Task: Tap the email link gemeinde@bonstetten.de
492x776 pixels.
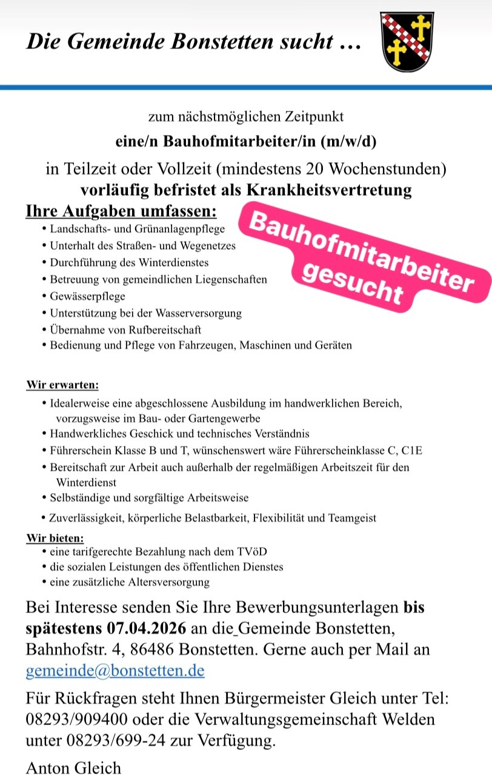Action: tap(115, 671)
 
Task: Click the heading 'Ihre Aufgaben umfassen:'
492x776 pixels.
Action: tap(121, 213)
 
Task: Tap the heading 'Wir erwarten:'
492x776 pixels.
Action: tap(62, 385)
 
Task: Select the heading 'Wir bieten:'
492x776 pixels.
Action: tap(55, 538)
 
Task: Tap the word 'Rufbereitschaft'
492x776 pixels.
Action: tap(164, 330)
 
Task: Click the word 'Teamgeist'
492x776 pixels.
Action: tap(353, 518)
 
